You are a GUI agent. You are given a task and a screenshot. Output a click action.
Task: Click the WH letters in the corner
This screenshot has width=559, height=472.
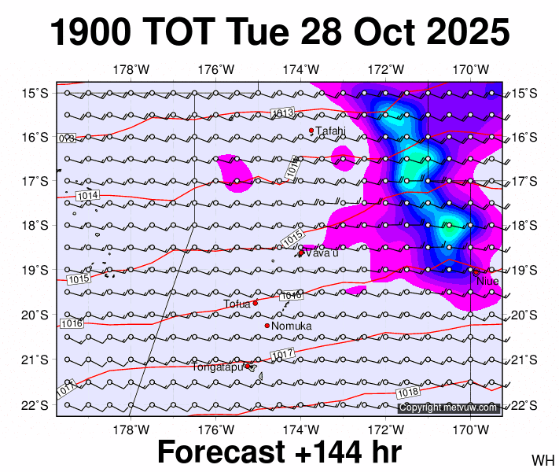coord(542,459)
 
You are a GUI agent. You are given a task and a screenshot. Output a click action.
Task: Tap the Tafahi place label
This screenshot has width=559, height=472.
coord(330,131)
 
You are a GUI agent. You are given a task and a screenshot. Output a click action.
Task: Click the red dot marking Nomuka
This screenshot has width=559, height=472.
coord(267,326)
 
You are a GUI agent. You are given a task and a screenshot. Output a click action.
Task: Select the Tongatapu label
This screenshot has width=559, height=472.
coord(218,367)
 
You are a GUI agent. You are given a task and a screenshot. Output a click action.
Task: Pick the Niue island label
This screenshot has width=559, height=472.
coord(487,280)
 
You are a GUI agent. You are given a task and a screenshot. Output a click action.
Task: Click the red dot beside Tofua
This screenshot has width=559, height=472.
coord(256,303)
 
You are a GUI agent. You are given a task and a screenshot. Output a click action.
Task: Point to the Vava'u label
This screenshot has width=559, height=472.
coord(322,253)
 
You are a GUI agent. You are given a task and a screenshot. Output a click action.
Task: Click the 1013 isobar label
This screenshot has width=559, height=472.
coord(282,114)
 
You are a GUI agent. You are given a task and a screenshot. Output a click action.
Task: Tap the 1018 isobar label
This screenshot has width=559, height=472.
coord(408,392)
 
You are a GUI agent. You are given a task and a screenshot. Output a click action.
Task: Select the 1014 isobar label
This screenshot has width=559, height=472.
coord(87,195)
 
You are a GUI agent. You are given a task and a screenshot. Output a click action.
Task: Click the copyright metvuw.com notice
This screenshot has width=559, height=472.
coord(448,407)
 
